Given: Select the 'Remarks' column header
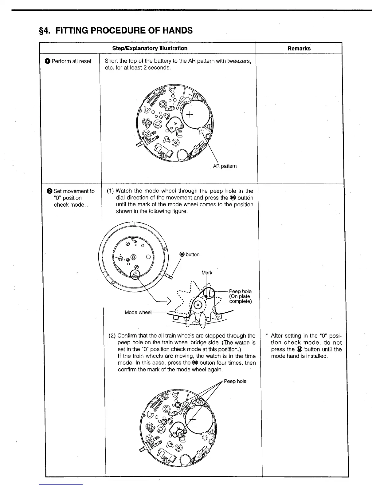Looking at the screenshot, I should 299,48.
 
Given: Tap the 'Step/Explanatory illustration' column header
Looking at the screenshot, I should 150,48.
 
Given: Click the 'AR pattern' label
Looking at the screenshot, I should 225,166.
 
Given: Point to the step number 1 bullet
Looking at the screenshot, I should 48,61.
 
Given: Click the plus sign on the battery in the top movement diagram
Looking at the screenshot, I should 190,115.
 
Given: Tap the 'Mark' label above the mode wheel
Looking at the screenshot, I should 207,273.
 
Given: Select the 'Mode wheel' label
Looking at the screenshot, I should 138,312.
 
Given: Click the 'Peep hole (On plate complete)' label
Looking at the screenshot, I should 240,296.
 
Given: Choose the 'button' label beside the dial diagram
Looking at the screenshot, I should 192,255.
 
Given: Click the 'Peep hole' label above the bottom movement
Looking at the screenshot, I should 235,381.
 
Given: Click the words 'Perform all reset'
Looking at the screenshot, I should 71,61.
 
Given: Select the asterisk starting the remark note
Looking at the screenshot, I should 267,336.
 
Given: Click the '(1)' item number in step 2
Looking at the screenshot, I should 111,191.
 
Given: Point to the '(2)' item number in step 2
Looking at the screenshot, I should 112,336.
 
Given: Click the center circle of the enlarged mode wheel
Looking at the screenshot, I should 198,305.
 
